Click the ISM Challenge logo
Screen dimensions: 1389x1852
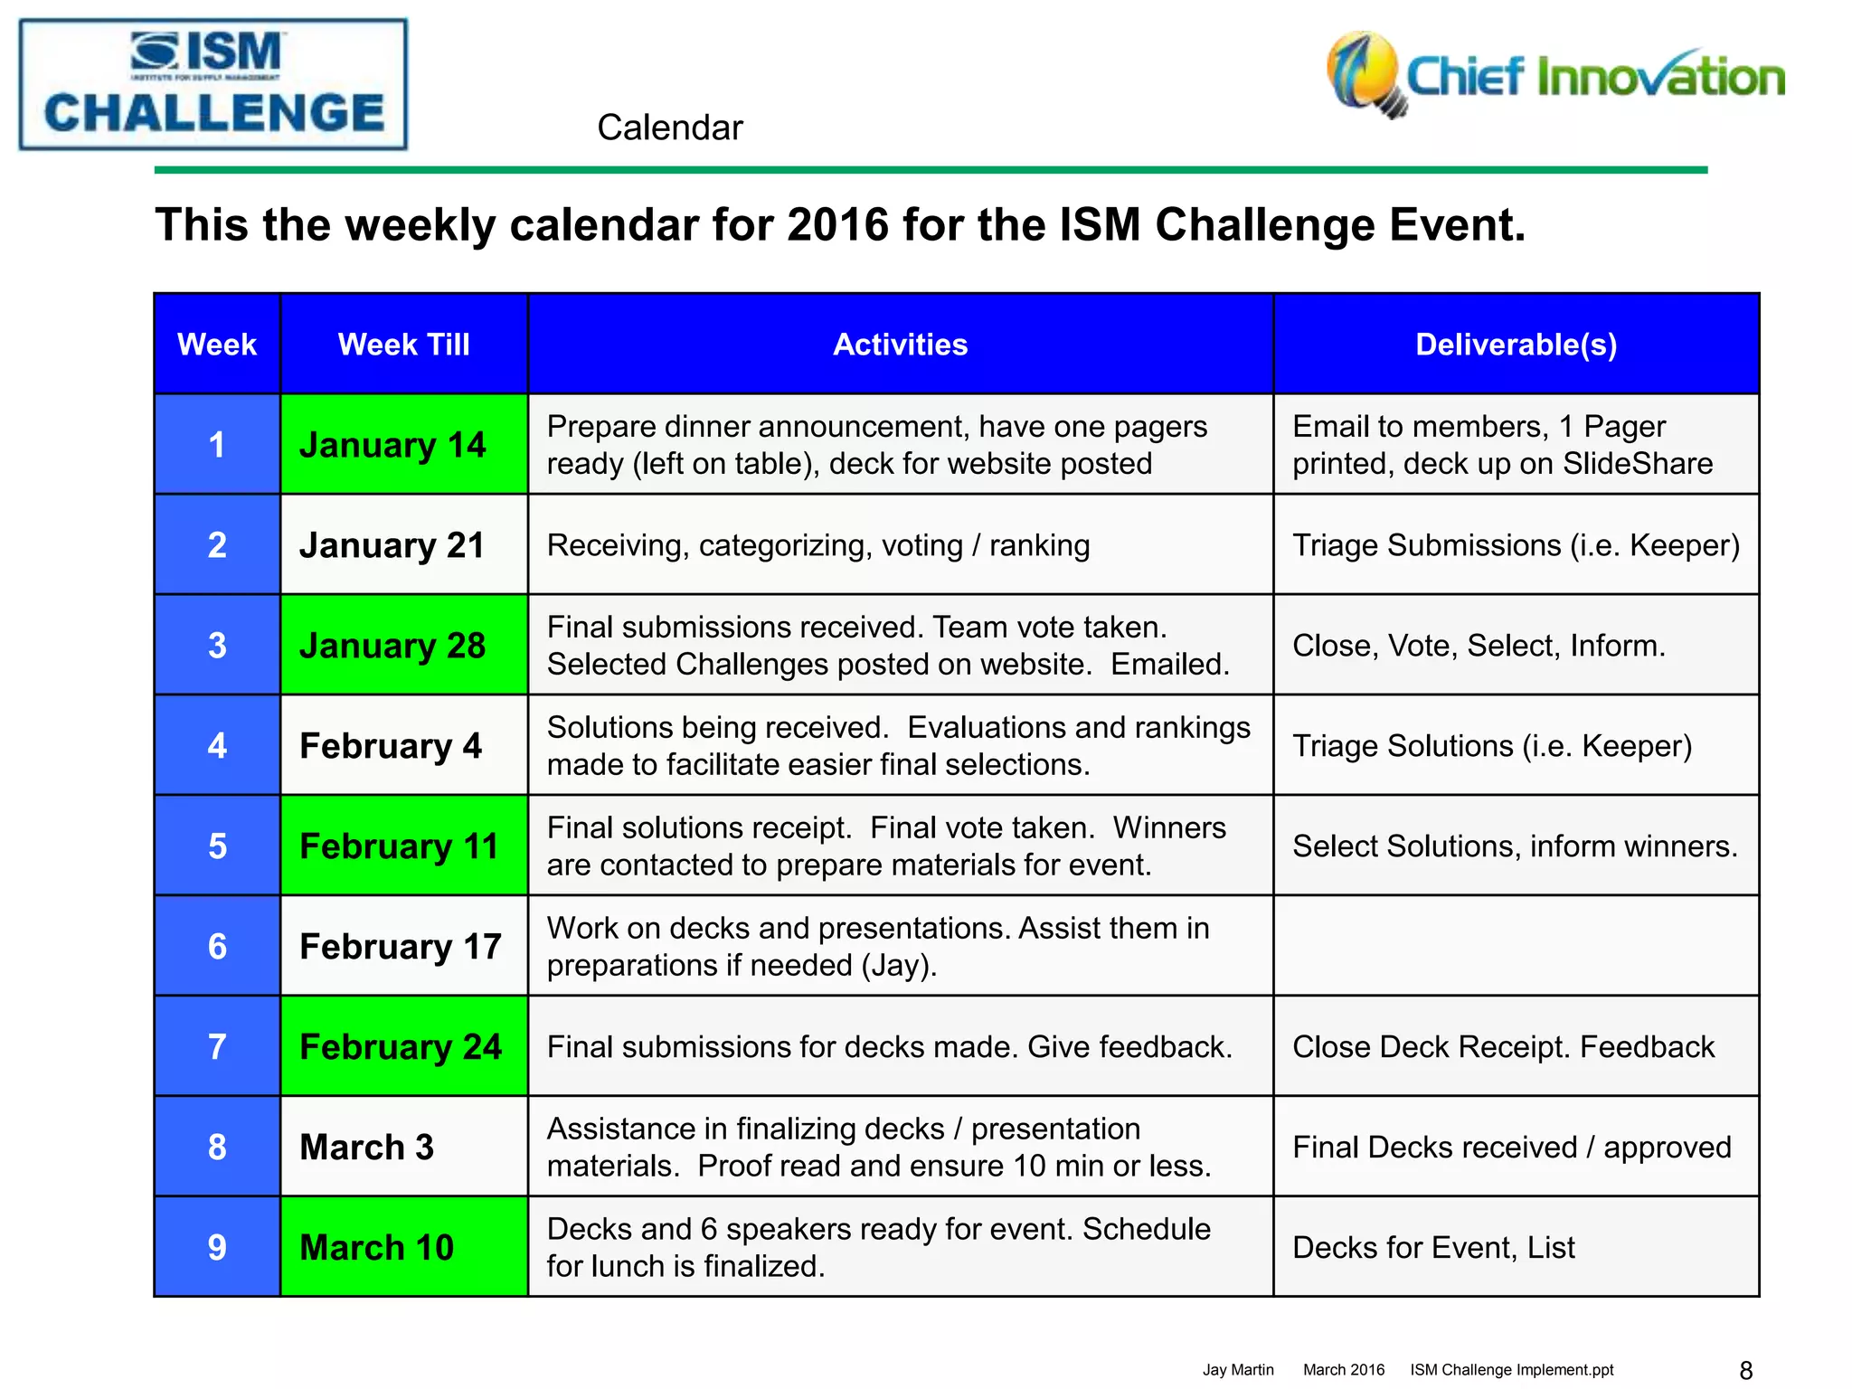[x=213, y=85]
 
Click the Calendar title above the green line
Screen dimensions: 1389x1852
[x=669, y=128]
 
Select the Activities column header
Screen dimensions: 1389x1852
[x=900, y=345]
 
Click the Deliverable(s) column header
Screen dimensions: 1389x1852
[x=1516, y=345]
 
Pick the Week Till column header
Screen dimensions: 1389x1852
[x=403, y=345]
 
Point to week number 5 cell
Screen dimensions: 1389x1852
[x=217, y=846]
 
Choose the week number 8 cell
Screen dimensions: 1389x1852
[x=217, y=1148]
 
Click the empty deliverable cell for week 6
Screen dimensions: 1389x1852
[x=1516, y=947]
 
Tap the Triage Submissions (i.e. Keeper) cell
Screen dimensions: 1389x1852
[x=1516, y=545]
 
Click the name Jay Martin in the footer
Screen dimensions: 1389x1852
[x=1238, y=1370]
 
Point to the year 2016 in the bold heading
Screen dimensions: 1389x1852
[x=838, y=225]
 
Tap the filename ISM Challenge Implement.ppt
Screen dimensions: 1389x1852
[x=1511, y=1370]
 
